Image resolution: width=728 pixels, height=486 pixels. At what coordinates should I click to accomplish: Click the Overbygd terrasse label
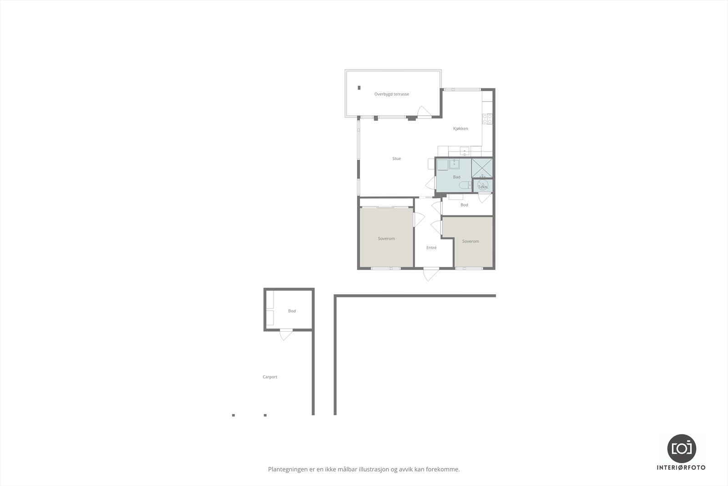391,94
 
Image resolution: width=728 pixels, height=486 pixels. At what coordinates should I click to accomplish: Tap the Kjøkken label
460,128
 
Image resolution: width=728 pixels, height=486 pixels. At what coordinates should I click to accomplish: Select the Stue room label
397,159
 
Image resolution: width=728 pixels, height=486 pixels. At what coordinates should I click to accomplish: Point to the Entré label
431,248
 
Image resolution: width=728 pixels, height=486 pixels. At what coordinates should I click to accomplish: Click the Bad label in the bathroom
456,177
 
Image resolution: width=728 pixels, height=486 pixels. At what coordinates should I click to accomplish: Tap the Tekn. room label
482,187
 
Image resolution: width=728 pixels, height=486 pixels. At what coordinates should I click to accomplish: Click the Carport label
270,377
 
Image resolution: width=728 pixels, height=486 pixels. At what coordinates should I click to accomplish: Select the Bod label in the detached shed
292,311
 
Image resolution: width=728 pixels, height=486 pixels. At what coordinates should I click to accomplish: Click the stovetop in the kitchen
487,119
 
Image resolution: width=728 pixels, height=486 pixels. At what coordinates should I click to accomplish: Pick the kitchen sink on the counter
465,151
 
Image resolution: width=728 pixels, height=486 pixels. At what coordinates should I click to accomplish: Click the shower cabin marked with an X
482,168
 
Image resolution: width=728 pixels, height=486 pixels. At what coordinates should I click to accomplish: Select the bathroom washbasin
454,164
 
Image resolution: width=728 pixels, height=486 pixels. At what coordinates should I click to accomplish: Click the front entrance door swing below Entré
430,274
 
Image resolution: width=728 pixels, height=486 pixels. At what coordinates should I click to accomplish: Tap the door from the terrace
424,112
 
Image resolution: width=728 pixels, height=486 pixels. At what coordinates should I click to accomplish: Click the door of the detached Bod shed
286,334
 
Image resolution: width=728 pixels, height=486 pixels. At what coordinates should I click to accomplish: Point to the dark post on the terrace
359,87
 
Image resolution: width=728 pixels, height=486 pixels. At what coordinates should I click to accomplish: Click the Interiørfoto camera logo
681,448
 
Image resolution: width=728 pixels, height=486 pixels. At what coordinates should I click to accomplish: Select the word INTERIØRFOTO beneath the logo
681,467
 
